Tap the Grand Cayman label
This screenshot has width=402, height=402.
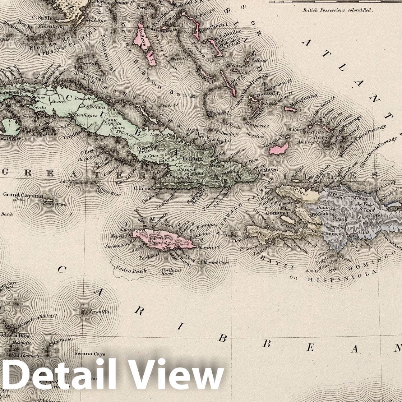pyautogui.click(x=23, y=195)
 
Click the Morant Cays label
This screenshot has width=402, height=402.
pyautogui.click(x=215, y=263)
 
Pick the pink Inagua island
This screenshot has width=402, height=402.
pyautogui.click(x=279, y=148)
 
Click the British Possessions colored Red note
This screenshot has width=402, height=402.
pyautogui.click(x=338, y=10)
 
